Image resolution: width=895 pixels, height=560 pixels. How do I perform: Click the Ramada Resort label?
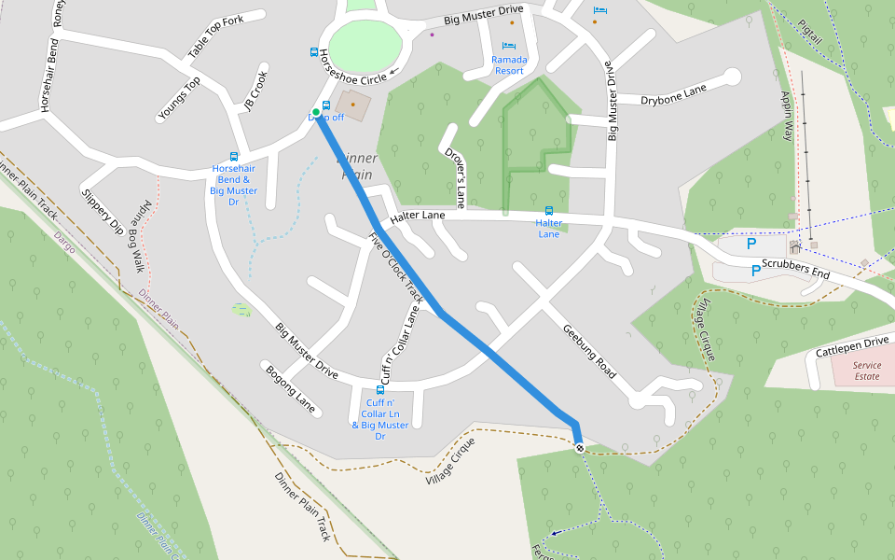[509, 65]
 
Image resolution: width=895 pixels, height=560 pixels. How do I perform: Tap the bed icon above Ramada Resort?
[508, 46]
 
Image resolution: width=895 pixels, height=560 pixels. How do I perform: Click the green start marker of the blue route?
[316, 113]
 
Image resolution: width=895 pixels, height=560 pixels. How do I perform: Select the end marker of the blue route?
[580, 448]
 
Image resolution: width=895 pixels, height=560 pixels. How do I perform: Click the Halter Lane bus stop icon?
[548, 211]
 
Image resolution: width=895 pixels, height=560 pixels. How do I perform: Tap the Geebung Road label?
[588, 351]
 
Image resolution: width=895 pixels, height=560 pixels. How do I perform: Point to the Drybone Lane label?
[673, 94]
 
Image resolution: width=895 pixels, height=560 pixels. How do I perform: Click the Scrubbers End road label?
[795, 269]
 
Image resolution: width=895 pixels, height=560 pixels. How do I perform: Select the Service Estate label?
[866, 371]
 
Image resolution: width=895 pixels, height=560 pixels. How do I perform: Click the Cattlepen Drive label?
[852, 346]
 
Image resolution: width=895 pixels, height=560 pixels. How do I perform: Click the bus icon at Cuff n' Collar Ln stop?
[379, 389]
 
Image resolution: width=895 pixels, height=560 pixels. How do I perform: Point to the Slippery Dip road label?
[103, 212]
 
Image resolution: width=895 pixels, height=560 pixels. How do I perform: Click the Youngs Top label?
[179, 99]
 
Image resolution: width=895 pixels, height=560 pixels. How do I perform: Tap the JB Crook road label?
[255, 91]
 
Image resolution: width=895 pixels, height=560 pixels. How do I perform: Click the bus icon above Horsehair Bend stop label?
[233, 157]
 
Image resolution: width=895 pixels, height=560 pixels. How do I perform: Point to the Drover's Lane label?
[454, 176]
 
